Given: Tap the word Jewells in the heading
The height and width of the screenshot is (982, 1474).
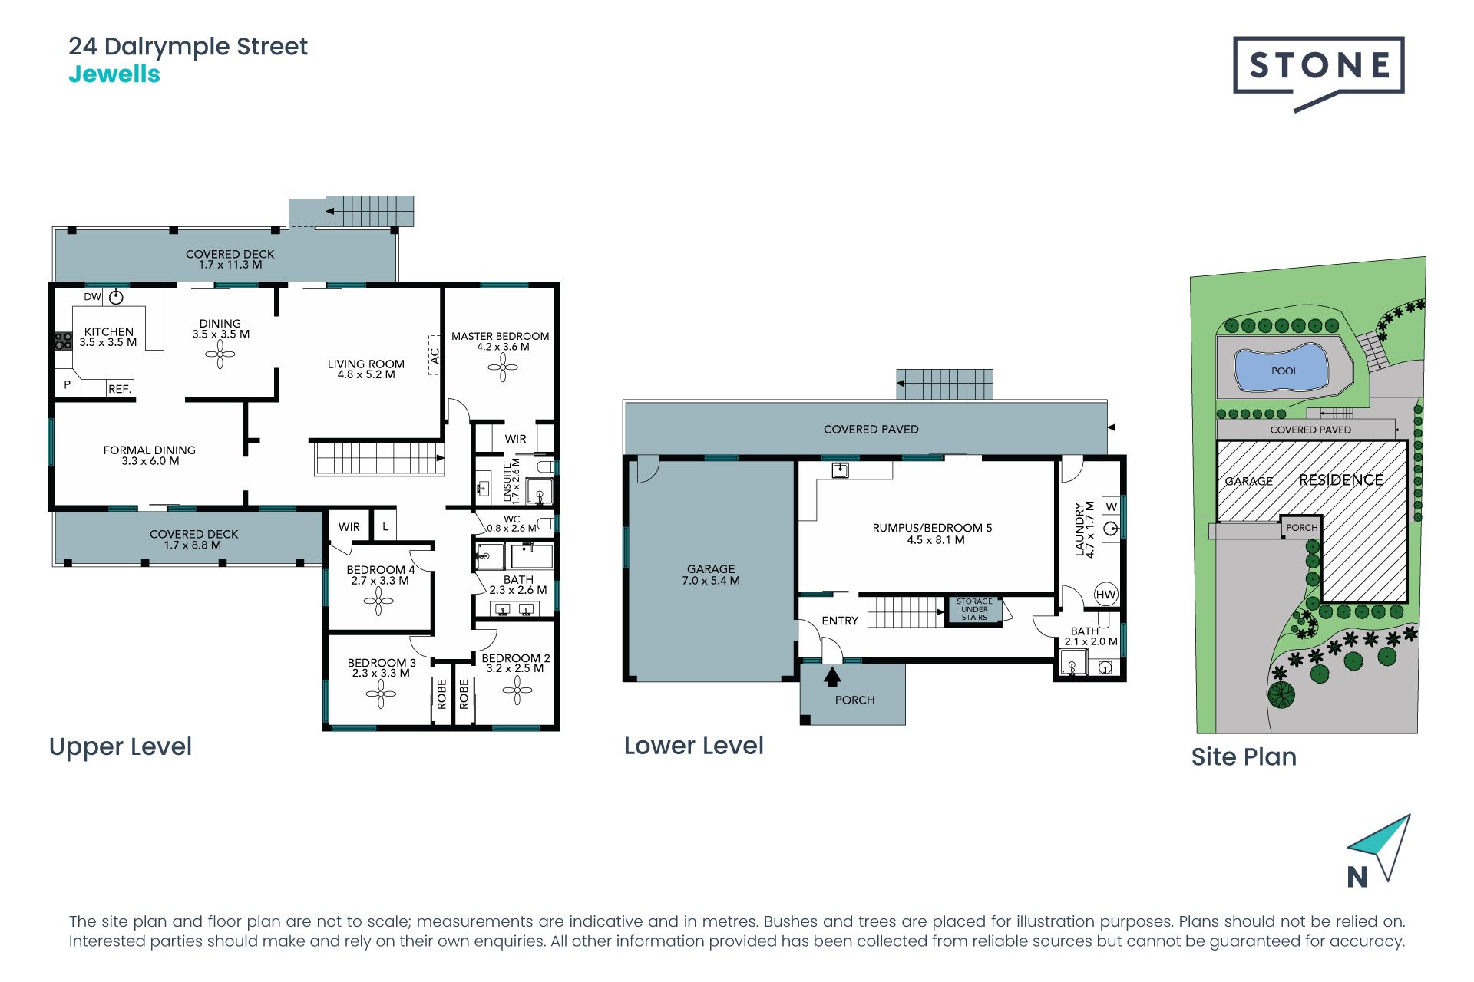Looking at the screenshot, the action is pyautogui.click(x=114, y=74).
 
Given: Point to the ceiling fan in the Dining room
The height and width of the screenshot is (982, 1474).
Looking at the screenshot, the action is pyautogui.click(x=220, y=354).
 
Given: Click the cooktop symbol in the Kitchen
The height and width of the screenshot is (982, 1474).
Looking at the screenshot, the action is pyautogui.click(x=63, y=341).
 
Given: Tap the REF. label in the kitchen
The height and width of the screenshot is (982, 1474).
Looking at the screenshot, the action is pyautogui.click(x=120, y=389).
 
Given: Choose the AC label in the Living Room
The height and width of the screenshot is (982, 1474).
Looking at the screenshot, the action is pyautogui.click(x=435, y=356).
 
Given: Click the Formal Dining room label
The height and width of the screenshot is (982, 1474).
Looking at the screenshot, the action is pyautogui.click(x=150, y=456).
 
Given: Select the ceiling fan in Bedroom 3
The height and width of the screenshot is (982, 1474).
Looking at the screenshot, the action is pyautogui.click(x=381, y=694).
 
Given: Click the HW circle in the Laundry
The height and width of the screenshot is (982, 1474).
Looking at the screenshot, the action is pyautogui.click(x=1105, y=595).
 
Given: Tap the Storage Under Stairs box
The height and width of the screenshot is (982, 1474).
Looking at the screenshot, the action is pyautogui.click(x=974, y=610).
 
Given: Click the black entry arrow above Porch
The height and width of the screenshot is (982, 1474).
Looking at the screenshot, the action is pyautogui.click(x=832, y=677).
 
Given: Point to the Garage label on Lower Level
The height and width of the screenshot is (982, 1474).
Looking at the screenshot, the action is pyautogui.click(x=711, y=575).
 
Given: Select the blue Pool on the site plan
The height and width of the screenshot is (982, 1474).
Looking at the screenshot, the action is pyautogui.click(x=1281, y=368).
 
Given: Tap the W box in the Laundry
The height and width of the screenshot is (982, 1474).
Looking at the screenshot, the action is pyautogui.click(x=1111, y=506).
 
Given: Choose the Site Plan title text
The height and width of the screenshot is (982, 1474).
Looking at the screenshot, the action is pyautogui.click(x=1244, y=757).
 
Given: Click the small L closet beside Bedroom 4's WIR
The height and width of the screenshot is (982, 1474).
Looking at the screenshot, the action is pyautogui.click(x=385, y=526).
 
